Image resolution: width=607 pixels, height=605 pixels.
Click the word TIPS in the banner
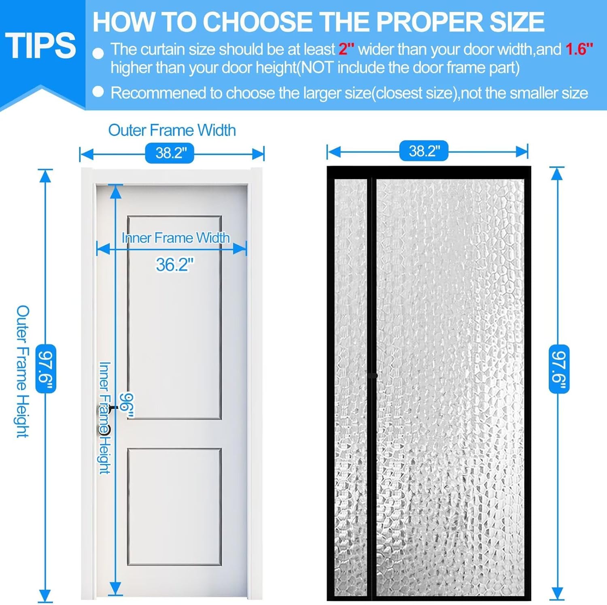(40, 45)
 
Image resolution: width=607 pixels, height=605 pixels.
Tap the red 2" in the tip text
(346, 49)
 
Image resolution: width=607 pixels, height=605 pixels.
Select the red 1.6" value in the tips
(579, 49)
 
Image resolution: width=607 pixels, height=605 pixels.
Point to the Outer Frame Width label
(172, 130)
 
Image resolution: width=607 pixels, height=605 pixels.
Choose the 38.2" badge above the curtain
(424, 151)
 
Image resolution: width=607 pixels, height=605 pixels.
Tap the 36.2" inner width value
(174, 265)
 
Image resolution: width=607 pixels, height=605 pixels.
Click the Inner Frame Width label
(176, 238)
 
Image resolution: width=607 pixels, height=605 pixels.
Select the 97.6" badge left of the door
(45, 369)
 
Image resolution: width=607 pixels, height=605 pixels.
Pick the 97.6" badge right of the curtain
(559, 369)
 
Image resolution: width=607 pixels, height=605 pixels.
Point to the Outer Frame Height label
(23, 371)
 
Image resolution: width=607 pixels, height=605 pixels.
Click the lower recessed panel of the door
(174, 506)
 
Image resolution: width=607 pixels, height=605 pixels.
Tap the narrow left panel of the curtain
(350, 385)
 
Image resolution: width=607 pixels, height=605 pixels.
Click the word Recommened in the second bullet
(159, 93)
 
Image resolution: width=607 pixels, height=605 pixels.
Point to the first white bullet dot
(98, 53)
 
